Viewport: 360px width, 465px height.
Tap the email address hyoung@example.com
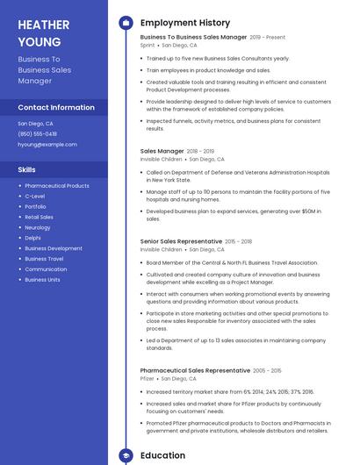pyautogui.click(x=47, y=144)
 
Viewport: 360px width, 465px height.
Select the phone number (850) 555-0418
pyautogui.click(x=38, y=133)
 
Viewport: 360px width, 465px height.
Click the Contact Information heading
pyautogui.click(x=56, y=107)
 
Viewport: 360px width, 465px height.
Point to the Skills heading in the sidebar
pyautogui.click(x=27, y=169)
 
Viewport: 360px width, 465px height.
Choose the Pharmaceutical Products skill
pyautogui.click(x=57, y=186)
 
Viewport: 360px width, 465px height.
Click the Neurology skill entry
pyautogui.click(x=38, y=227)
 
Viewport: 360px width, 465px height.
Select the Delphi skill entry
pyautogui.click(x=32, y=238)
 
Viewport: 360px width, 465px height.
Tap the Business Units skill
pyautogui.click(x=42, y=279)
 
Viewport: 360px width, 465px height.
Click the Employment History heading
pyautogui.click(x=185, y=23)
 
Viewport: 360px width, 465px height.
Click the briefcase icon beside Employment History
pyautogui.click(x=126, y=23)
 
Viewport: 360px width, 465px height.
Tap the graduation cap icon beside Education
pyautogui.click(x=126, y=455)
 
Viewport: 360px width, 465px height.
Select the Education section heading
pyautogui.click(x=162, y=455)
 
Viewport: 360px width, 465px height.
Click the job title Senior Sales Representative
pyautogui.click(x=181, y=241)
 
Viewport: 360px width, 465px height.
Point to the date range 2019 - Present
pyautogui.click(x=268, y=38)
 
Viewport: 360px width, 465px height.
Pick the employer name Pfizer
pyautogui.click(x=148, y=378)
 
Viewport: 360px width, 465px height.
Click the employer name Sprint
pyautogui.click(x=148, y=45)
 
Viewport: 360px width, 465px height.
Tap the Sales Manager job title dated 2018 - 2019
pyautogui.click(x=162, y=151)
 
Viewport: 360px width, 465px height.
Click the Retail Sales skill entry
pyautogui.click(x=39, y=217)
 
